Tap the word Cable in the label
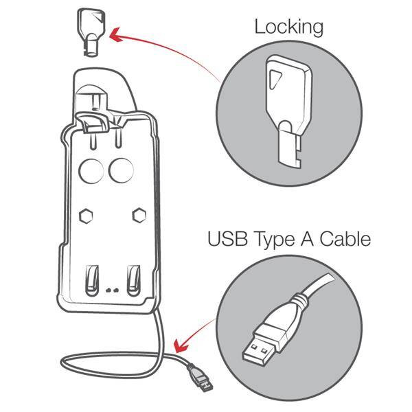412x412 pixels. click(341, 240)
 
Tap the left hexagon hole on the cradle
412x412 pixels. click(86, 215)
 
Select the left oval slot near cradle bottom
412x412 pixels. click(91, 277)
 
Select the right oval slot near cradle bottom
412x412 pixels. click(133, 277)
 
